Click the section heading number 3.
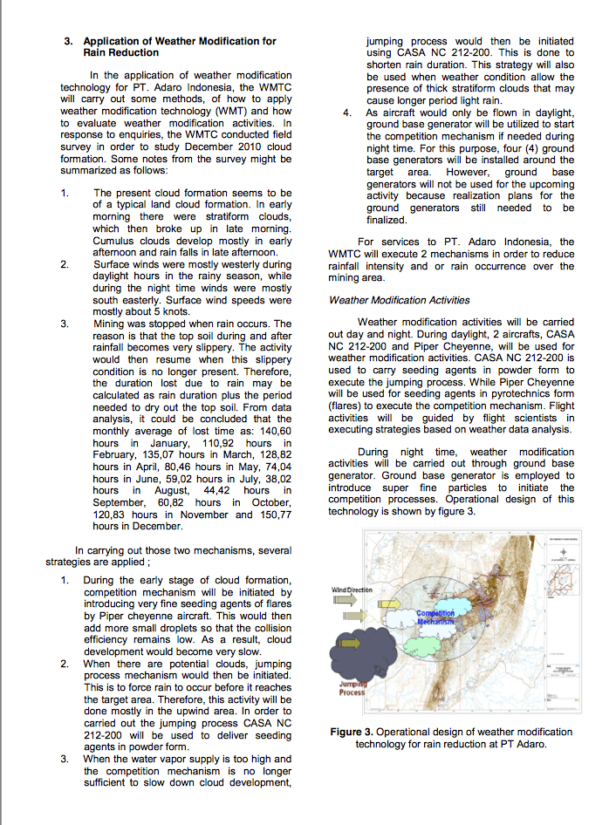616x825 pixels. [x=68, y=41]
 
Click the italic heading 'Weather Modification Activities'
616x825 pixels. [x=399, y=300]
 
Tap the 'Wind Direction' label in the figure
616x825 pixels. [x=352, y=590]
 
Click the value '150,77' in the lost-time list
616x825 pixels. [x=274, y=515]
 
